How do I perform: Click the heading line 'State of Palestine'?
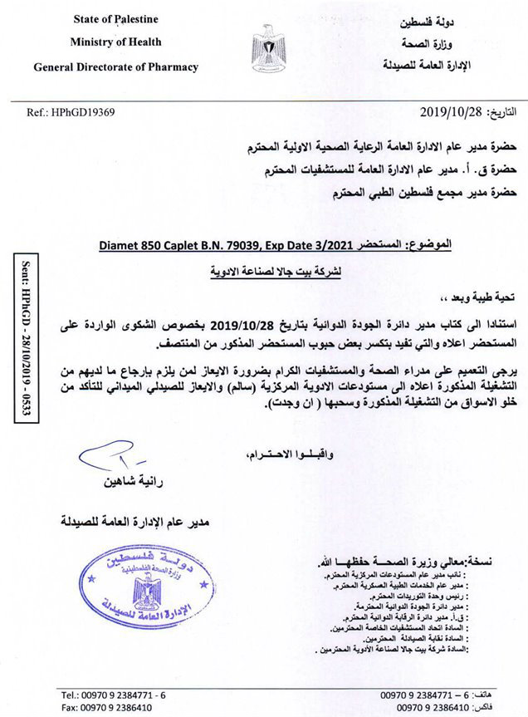[x=115, y=17]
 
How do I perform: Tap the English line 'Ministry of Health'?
[x=115, y=42]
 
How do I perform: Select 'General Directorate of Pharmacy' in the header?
[x=115, y=66]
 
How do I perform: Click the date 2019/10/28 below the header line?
[x=449, y=111]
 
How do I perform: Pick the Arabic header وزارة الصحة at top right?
[x=466, y=40]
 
